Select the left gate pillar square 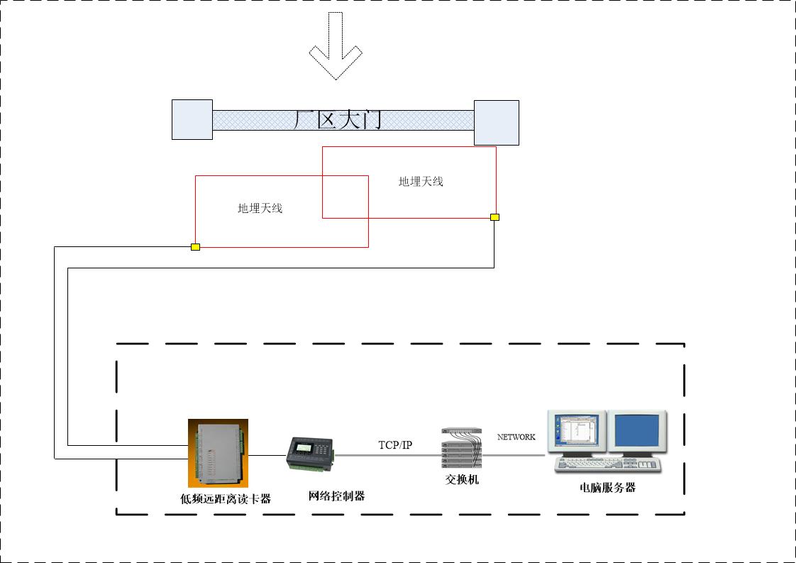tap(192, 119)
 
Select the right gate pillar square tap(496, 123)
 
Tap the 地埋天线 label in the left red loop tap(260, 208)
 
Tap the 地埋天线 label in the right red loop tap(421, 182)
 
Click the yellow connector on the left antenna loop tap(195, 246)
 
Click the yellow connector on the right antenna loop tap(494, 217)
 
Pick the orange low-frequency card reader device tap(218, 453)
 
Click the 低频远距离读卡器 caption tap(226, 499)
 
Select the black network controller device tap(310, 454)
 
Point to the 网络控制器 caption tap(336, 496)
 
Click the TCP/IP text tap(394, 445)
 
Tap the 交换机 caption tap(462, 480)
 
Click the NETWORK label tap(516, 437)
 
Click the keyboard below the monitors tap(607, 465)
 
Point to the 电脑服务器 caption tap(607, 488)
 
